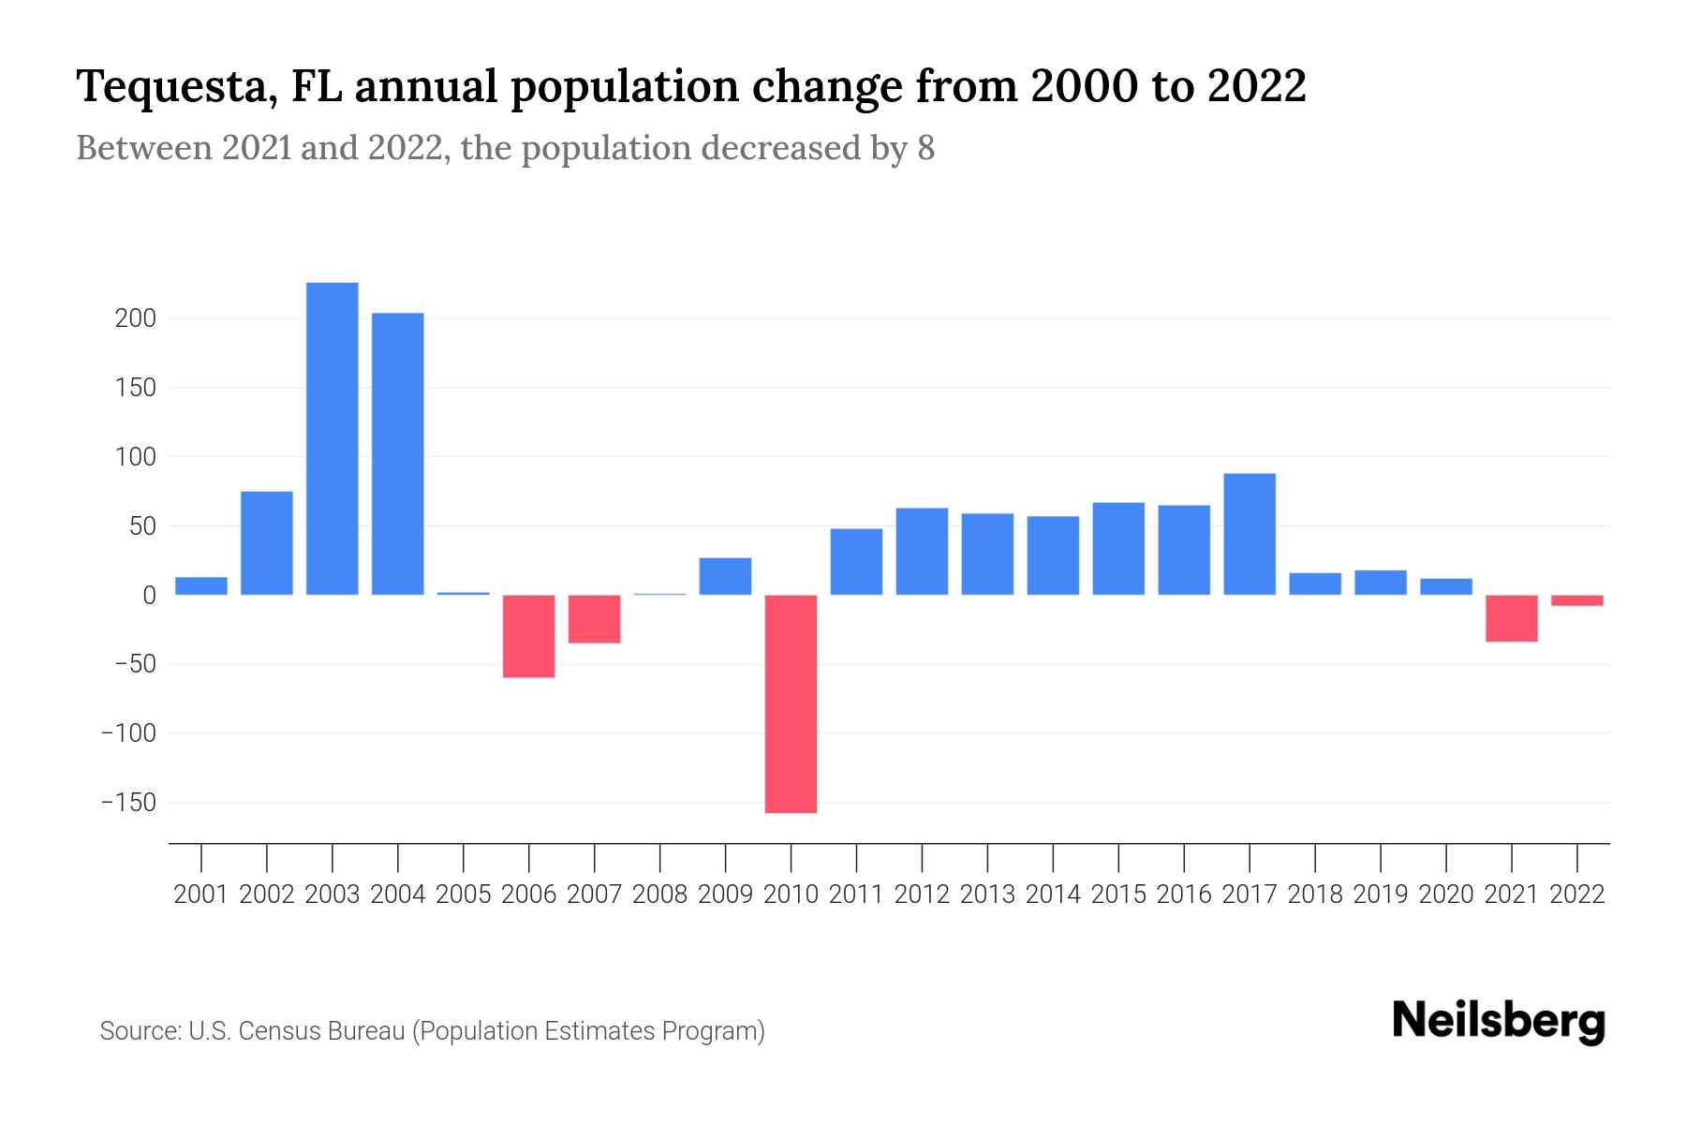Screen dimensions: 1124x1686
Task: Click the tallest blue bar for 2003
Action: click(333, 438)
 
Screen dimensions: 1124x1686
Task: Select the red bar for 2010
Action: click(791, 703)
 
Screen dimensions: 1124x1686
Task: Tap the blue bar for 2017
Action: click(1250, 534)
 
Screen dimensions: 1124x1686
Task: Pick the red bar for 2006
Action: click(529, 636)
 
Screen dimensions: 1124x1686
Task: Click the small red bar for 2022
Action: click(1577, 600)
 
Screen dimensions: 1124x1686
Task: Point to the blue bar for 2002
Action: click(267, 543)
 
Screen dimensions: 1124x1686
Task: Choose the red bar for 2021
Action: click(1512, 618)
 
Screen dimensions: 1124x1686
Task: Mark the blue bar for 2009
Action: click(726, 576)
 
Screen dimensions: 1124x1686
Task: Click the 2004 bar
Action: click(398, 453)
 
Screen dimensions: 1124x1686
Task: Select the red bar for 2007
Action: click(595, 619)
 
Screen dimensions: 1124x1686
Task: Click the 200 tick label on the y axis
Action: click(135, 318)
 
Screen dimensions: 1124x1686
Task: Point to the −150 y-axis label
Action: click(128, 803)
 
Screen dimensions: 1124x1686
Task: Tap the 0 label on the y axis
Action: click(149, 595)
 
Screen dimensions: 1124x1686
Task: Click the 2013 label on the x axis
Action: click(987, 895)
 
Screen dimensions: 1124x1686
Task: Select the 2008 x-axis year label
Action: click(660, 895)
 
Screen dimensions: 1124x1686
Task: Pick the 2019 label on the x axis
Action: click(1381, 895)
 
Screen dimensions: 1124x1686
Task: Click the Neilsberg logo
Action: click(1499, 1021)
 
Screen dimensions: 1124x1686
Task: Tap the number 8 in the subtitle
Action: click(925, 148)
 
